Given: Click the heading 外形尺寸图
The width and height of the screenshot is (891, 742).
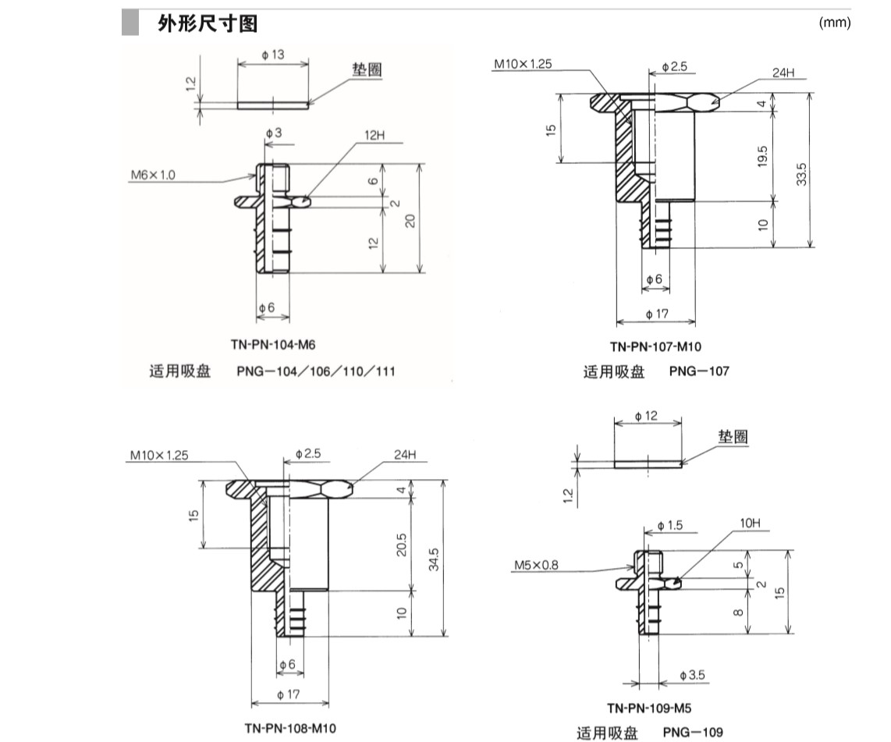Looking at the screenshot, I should coord(207,24).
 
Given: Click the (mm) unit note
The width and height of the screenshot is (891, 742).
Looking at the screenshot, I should coord(834,23).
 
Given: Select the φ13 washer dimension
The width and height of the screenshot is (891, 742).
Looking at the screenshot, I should coord(273,55).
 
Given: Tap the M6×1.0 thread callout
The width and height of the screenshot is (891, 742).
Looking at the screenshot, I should coord(153,176).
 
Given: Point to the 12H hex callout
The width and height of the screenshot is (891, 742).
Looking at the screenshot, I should coord(375,135).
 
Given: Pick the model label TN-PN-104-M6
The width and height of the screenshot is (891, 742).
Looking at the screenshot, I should coord(267,344).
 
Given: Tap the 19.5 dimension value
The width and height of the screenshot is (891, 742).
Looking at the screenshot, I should coord(762,156).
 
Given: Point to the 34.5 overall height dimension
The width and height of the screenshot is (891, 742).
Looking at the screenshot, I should coord(434,559).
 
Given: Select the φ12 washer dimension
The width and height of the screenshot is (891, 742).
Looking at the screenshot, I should coord(647,417).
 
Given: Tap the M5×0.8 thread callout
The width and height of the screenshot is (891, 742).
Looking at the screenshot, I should coord(536,565).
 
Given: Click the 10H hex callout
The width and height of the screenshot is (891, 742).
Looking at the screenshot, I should coord(749,522).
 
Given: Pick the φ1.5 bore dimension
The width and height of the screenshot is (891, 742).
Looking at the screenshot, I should coord(669,526).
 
